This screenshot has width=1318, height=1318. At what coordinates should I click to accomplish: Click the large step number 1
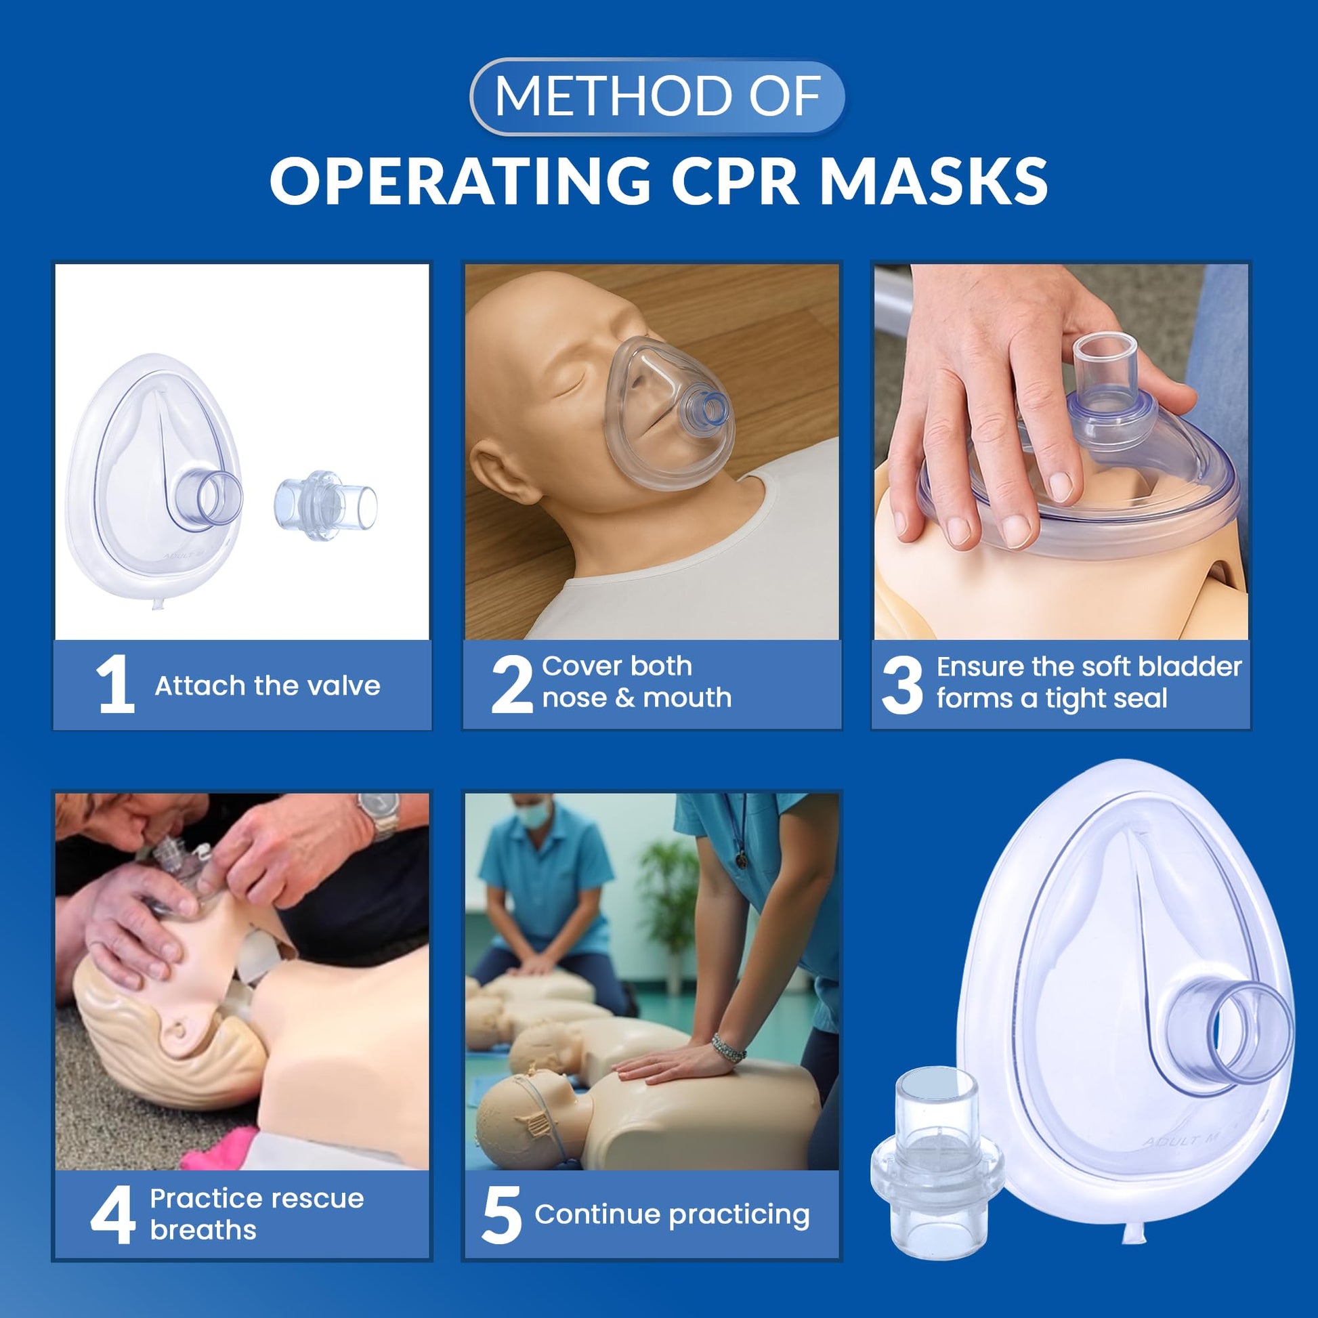(x=116, y=684)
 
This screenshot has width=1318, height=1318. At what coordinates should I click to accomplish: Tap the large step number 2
(x=511, y=684)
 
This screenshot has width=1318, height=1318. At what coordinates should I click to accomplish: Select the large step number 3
(x=902, y=684)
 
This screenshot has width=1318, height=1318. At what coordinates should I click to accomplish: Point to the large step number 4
(x=112, y=1214)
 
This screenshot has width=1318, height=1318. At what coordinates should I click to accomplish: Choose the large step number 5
(x=501, y=1214)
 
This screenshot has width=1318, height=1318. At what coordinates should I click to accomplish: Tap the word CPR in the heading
(x=734, y=181)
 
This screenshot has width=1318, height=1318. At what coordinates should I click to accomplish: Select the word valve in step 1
(x=345, y=685)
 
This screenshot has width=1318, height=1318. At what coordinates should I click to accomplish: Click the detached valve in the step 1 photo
(x=325, y=495)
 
